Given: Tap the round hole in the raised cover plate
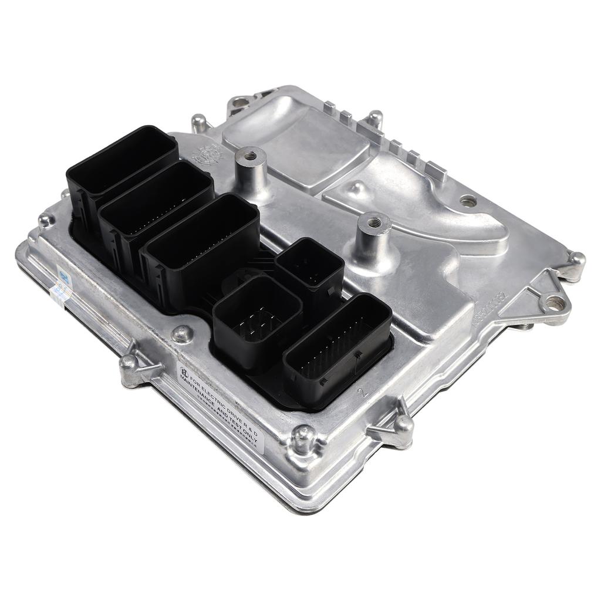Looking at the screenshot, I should (x=467, y=201).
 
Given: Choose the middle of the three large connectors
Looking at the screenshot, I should (x=155, y=208).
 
